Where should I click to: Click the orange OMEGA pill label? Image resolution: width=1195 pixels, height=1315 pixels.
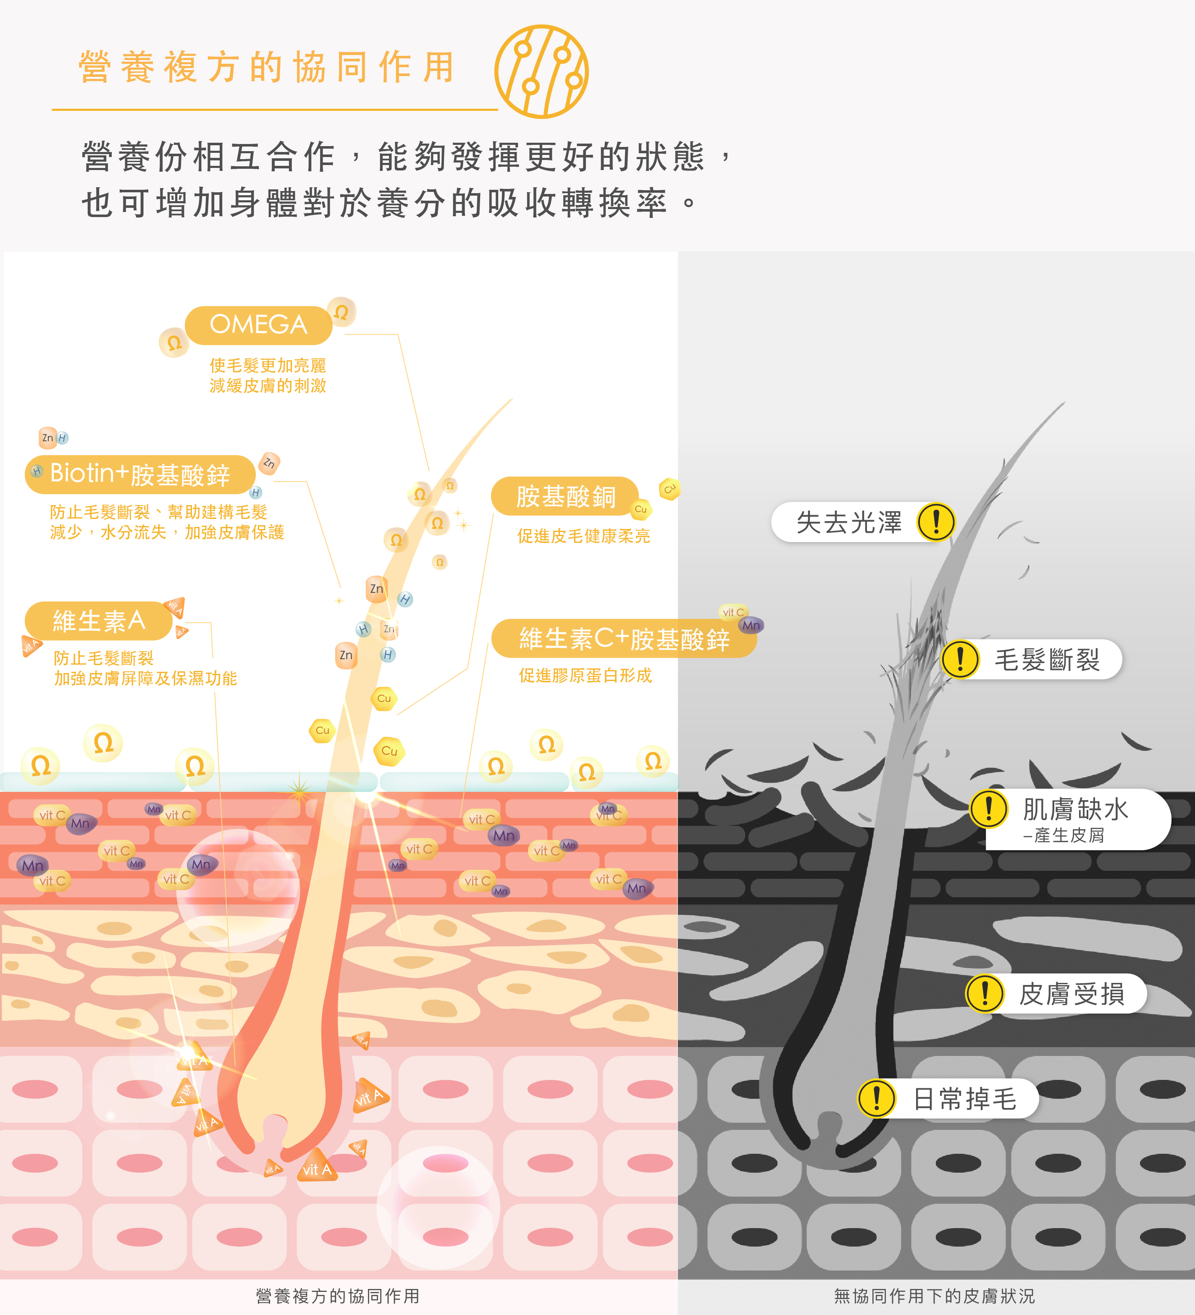coord(258,325)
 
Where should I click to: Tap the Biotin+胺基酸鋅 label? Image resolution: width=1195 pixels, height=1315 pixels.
coord(140,474)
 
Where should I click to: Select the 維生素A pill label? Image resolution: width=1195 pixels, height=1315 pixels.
coord(99,620)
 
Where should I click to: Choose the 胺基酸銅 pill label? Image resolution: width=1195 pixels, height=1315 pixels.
coord(565,496)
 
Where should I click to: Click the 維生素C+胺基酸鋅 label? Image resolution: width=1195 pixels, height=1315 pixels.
coord(624,639)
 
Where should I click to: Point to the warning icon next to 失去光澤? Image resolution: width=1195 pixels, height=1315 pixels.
coord(935,522)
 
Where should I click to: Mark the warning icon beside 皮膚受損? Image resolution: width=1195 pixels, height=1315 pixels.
coord(984,993)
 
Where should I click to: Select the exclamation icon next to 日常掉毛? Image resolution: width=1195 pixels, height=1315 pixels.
coord(876,1098)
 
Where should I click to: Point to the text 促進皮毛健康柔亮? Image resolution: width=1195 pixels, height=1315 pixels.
coord(583,536)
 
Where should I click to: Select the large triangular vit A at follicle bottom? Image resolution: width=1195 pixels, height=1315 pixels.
coord(317,1168)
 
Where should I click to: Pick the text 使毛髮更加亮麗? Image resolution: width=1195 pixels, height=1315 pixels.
coord(268,365)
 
